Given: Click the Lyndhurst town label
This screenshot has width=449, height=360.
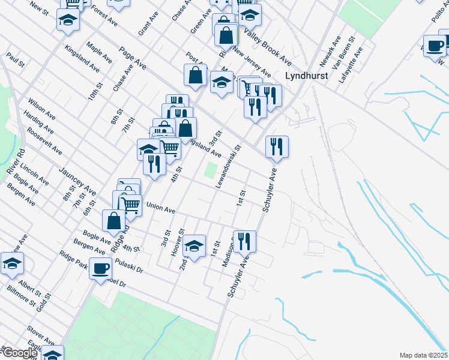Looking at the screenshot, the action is [306, 76].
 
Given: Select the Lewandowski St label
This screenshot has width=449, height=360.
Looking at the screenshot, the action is [229, 166].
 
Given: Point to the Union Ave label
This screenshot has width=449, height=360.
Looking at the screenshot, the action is [160, 211].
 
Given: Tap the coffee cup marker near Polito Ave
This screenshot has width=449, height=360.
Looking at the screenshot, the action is [435, 46].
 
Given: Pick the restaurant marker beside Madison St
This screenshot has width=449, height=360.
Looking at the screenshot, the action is [244, 241].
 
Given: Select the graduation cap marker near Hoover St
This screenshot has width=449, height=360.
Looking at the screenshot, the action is [194, 245].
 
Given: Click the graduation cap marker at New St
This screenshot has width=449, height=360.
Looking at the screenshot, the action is [68, 20].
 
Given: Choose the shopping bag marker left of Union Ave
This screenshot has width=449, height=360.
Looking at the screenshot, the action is [113, 221].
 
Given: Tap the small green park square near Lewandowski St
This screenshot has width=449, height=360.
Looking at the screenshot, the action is [210, 170].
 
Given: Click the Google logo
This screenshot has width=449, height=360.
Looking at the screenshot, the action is [19, 353].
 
